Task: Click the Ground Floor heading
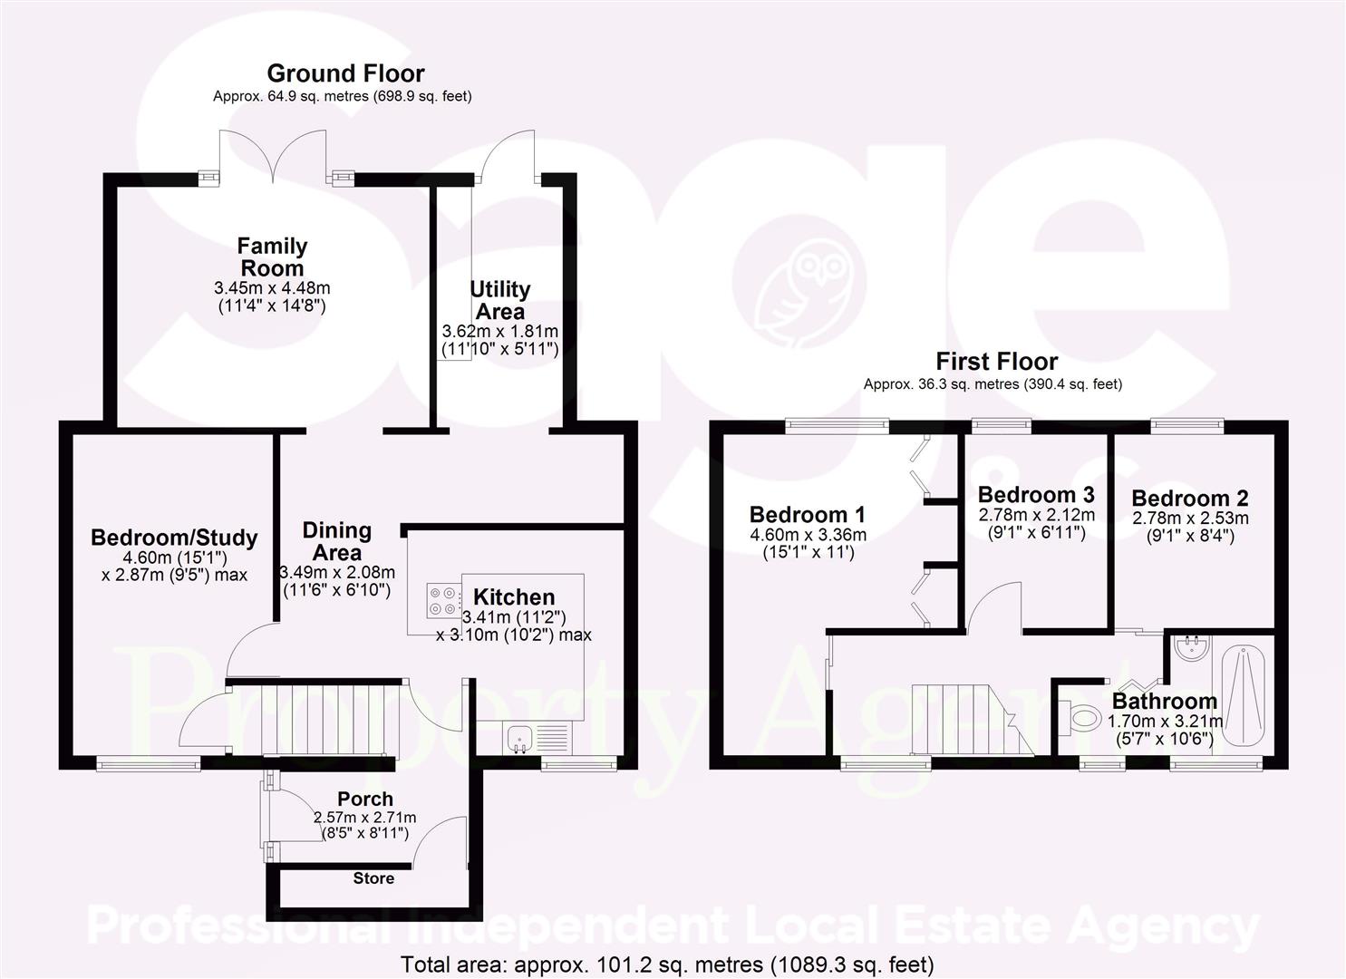(x=345, y=73)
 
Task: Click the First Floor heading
(x=996, y=362)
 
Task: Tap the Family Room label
(x=272, y=257)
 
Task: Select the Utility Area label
(x=499, y=300)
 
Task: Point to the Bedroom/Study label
(x=174, y=538)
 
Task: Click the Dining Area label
(x=336, y=541)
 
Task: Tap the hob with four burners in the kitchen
(x=441, y=599)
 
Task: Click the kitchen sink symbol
(x=520, y=738)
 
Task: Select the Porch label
(x=365, y=799)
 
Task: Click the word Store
(x=373, y=878)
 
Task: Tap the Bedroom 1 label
(x=808, y=515)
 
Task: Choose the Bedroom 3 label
(x=1036, y=495)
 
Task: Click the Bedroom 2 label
(x=1189, y=499)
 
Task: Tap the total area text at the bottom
(x=667, y=964)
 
